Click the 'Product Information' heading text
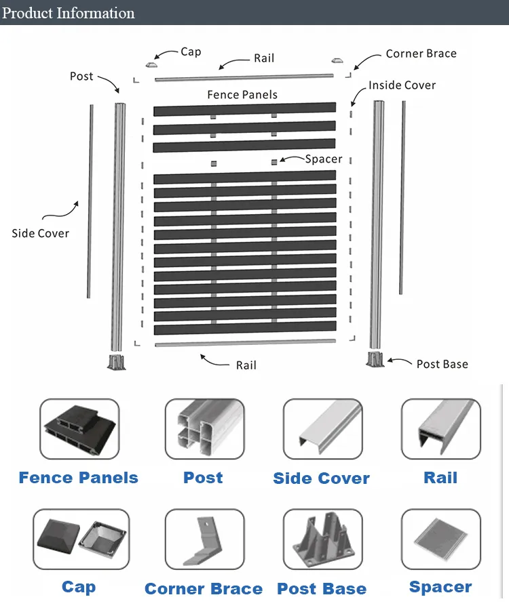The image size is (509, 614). tap(69, 13)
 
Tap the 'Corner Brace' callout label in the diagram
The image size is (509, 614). tap(421, 54)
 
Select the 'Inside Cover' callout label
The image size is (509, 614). tap(402, 85)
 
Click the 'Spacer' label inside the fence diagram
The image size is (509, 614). tap(324, 159)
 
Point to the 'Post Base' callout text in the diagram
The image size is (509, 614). tap(442, 364)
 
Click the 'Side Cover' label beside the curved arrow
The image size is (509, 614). tap(41, 233)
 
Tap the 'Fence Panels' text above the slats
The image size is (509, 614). tap(242, 95)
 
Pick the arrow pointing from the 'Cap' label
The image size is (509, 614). tap(166, 54)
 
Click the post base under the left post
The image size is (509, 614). tap(117, 362)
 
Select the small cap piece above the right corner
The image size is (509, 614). tap(337, 60)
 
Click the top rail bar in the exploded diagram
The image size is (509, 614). tap(244, 77)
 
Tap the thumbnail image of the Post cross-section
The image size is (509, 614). tap(205, 429)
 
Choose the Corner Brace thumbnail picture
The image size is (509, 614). tap(205, 539)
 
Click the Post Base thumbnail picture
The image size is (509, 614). tap(323, 539)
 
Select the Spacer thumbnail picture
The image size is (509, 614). tap(440, 539)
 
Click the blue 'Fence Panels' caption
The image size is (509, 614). tap(79, 478)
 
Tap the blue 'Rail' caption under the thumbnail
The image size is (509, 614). tap(440, 478)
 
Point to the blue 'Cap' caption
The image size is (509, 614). tap(79, 588)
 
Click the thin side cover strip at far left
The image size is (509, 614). tap(90, 201)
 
